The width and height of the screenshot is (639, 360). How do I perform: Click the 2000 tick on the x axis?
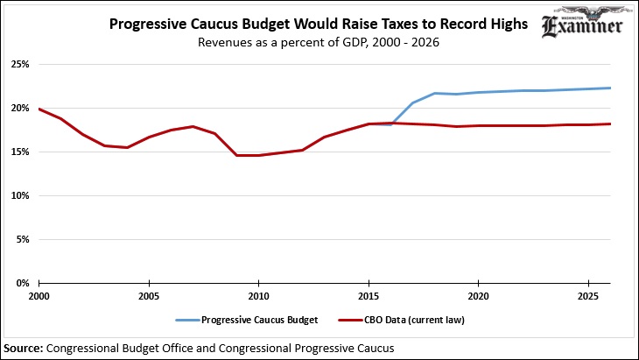[39, 297]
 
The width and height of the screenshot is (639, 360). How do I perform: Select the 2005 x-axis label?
[149, 297]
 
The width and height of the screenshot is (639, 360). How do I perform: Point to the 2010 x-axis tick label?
[258, 297]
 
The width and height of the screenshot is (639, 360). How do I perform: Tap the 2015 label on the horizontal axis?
[369, 297]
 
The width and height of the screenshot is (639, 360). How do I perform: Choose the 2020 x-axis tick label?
[478, 297]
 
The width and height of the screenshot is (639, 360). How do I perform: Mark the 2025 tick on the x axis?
[587, 297]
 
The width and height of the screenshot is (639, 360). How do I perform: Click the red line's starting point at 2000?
[39, 109]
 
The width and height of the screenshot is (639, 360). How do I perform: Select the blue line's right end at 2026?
[610, 88]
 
